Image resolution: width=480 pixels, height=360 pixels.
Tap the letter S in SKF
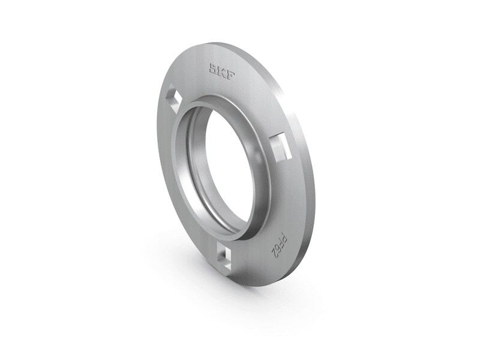click(213, 67)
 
